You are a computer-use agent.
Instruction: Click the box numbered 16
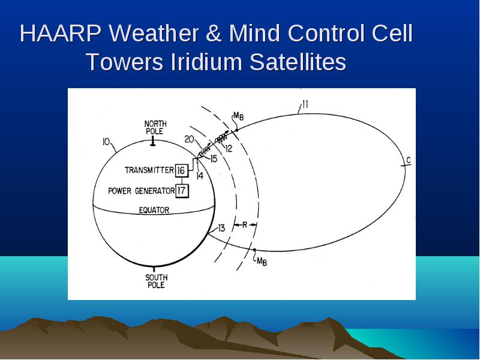181,170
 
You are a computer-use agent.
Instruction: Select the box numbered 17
182,191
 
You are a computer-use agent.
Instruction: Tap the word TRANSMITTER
149,170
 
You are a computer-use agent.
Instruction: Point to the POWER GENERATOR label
141,191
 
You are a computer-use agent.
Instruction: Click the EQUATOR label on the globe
154,211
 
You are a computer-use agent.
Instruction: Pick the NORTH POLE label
155,127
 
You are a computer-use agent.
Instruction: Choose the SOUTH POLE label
156,281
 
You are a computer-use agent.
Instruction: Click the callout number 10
106,142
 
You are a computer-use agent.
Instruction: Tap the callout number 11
305,104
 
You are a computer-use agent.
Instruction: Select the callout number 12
229,149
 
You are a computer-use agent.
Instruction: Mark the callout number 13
221,229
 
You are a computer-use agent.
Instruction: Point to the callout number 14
200,176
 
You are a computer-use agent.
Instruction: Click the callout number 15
214,159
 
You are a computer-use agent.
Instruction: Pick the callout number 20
190,140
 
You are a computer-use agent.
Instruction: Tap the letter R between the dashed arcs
245,226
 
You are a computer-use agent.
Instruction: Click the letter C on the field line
409,160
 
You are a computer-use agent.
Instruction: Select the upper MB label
238,116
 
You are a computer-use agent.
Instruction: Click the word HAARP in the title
61,33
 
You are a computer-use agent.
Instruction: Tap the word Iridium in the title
206,62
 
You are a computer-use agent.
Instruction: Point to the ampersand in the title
214,33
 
